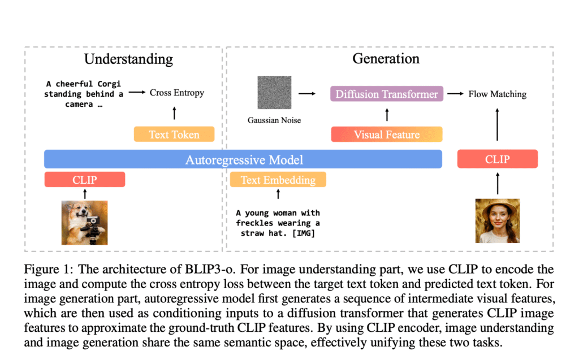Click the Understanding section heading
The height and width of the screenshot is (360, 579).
128,59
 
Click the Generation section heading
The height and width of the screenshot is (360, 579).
386,58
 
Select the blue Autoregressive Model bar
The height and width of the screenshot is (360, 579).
243,159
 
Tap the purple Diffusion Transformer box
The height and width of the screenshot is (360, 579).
387,94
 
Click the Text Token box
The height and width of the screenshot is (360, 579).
174,135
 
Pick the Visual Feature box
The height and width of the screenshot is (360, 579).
387,135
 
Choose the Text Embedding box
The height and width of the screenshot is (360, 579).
278,180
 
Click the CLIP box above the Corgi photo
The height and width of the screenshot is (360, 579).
84,180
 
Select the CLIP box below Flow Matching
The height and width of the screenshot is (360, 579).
497,159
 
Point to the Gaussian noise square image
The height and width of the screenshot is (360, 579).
275,93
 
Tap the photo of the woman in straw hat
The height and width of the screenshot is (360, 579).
497,220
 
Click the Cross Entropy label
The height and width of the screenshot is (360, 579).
177,93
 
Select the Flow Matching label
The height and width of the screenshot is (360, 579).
497,94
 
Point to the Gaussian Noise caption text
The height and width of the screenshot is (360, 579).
274,120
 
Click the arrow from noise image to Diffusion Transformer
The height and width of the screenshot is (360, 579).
307,94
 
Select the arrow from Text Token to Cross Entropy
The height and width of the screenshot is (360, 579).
174,113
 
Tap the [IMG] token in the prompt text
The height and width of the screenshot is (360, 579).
306,233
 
